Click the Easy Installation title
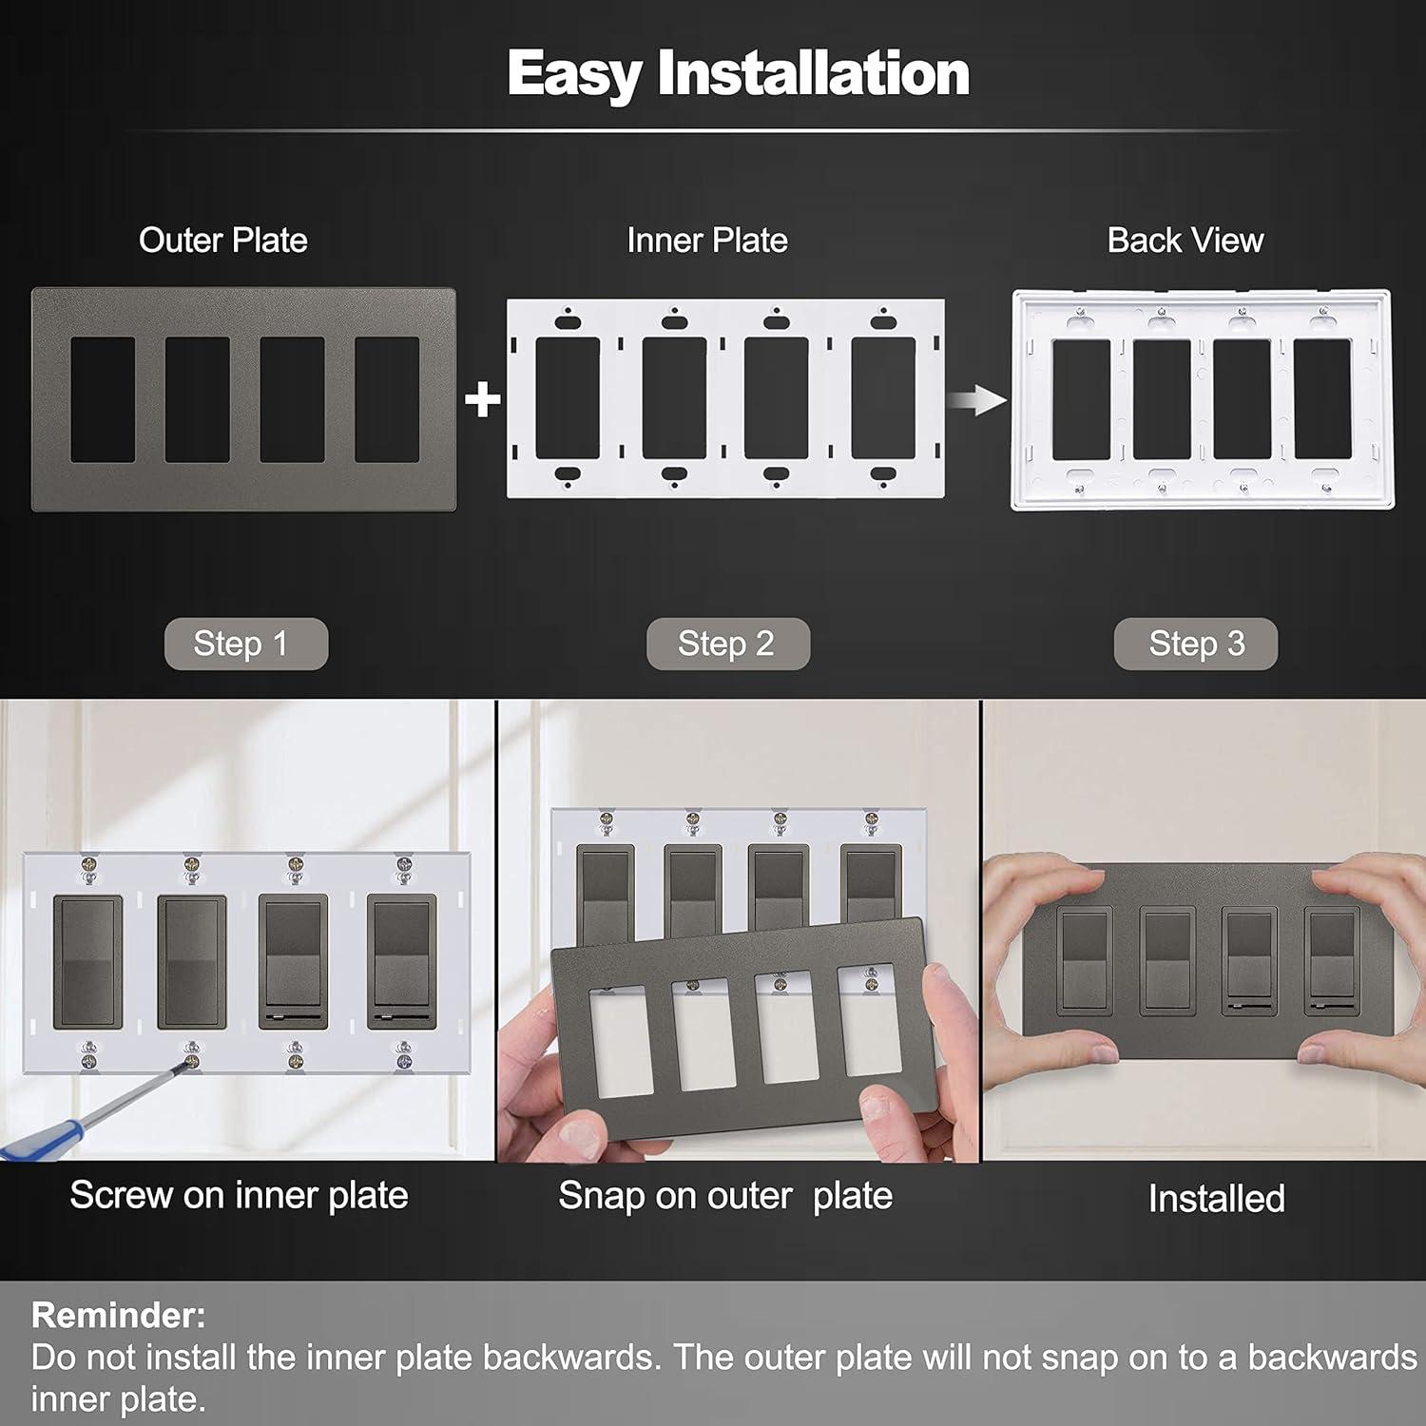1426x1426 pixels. (x=738, y=73)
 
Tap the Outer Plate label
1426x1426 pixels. (x=223, y=241)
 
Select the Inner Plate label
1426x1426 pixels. (x=706, y=241)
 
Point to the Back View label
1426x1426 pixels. (x=1185, y=241)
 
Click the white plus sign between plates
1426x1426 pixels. (x=483, y=399)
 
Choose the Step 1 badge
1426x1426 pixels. (x=245, y=644)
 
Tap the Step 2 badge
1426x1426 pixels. (x=727, y=644)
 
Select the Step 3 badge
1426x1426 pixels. (x=1195, y=644)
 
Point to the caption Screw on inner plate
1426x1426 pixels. (x=239, y=1195)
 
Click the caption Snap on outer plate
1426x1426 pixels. (x=724, y=1196)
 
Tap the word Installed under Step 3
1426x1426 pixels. (x=1216, y=1199)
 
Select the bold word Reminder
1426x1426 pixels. (x=118, y=1315)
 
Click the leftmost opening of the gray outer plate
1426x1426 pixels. (x=103, y=399)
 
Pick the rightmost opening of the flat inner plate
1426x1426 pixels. (x=882, y=398)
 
